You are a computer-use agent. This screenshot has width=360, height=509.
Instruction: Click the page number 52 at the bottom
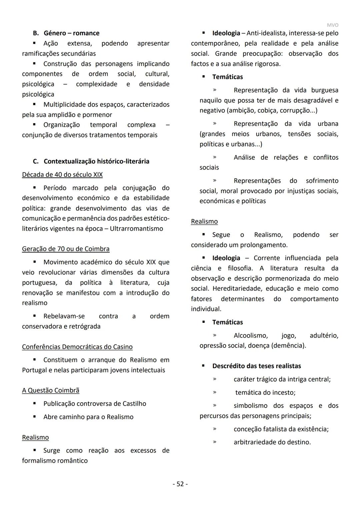(x=180, y=484)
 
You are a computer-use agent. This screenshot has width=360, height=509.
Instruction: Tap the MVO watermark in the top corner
(x=332, y=25)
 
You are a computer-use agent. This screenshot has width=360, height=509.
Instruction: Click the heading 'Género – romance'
(x=71, y=33)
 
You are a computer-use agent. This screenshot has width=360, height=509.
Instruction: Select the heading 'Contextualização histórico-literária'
(x=96, y=161)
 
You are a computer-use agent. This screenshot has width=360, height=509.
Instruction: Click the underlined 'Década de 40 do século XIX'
(x=62, y=174)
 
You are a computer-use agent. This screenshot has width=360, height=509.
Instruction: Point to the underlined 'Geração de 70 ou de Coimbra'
(x=66, y=249)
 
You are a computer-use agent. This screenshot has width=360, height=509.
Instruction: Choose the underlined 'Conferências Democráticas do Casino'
(x=77, y=347)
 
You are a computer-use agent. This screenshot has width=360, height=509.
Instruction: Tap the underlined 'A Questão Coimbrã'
(x=51, y=390)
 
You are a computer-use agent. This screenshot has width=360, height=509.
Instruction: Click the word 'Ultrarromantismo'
(x=136, y=228)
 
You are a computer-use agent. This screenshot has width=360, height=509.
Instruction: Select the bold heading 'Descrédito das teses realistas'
(x=256, y=366)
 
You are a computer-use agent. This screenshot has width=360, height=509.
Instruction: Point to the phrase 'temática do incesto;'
(x=265, y=392)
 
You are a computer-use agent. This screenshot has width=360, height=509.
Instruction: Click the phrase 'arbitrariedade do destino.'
(x=272, y=442)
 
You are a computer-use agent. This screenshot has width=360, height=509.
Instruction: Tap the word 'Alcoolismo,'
(x=250, y=335)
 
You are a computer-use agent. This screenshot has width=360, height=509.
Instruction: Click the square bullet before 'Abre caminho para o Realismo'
(x=34, y=417)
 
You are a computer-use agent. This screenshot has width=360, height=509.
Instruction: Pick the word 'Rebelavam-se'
(x=64, y=316)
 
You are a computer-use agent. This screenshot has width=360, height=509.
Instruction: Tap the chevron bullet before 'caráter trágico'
(x=215, y=379)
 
